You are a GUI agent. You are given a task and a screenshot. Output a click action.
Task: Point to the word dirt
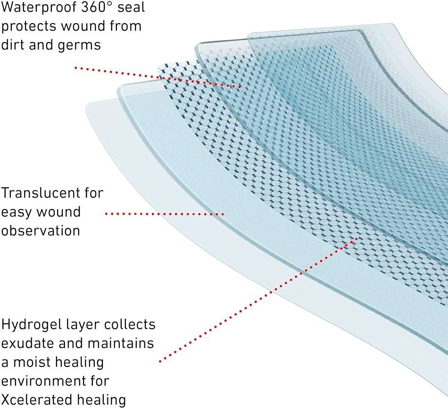point(13,44)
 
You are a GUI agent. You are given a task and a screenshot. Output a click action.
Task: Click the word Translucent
point(41,193)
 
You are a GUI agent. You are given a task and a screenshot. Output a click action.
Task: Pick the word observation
point(40,231)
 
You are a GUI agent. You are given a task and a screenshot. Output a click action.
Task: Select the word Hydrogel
point(32,325)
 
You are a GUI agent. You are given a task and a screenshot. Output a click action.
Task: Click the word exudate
point(28,343)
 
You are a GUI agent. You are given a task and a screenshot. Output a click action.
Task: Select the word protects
point(29,26)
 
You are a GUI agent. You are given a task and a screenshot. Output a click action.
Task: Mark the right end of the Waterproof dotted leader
point(241,87)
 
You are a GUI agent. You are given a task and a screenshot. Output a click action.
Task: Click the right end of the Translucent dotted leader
point(223,214)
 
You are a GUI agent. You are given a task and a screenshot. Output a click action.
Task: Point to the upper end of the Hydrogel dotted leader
point(357,238)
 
